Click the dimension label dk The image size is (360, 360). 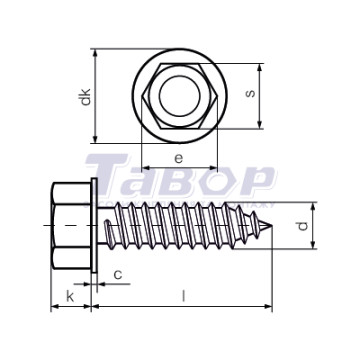pyautogui.click(x=86, y=97)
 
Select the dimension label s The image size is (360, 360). pyautogui.click(x=250, y=93)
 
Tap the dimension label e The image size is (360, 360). pyautogui.click(x=179, y=159)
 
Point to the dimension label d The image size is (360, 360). pyautogui.click(x=302, y=226)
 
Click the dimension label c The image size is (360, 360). pyautogui.click(x=118, y=275)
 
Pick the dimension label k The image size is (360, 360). pyautogui.click(x=70, y=296)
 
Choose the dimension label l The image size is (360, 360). pyautogui.click(x=183, y=296)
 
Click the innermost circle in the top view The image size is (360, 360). pyautogui.click(x=180, y=96)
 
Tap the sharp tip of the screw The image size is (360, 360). pyautogui.click(x=272, y=226)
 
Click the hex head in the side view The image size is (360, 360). pyautogui.click(x=71, y=226)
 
